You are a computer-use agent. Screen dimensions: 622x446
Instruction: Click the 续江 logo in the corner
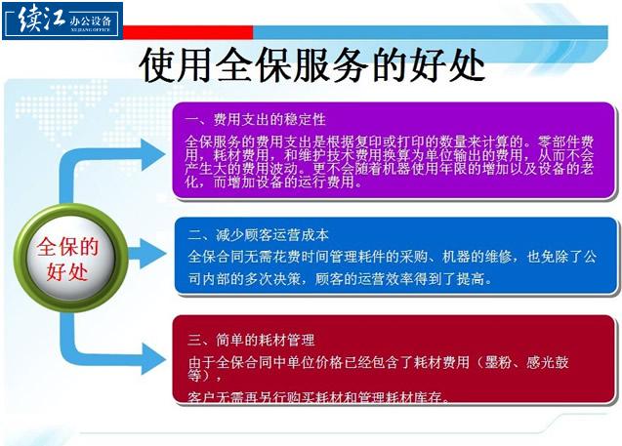62,20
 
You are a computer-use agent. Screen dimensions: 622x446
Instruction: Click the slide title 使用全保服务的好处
311,65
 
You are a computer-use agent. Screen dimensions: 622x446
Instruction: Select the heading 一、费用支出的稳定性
256,119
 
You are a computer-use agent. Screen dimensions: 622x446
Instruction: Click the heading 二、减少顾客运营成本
259,235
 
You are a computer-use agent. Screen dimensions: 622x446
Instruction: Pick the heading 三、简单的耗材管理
252,340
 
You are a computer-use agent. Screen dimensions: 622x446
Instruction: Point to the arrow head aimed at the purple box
152,154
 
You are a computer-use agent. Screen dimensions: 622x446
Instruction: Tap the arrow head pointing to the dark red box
153,359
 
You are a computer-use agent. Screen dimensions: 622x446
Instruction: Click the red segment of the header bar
188,32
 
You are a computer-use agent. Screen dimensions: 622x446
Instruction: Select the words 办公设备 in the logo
91,20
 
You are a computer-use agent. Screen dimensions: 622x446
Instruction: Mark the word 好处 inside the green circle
67,272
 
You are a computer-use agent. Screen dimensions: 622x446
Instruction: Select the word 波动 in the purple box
284,169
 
